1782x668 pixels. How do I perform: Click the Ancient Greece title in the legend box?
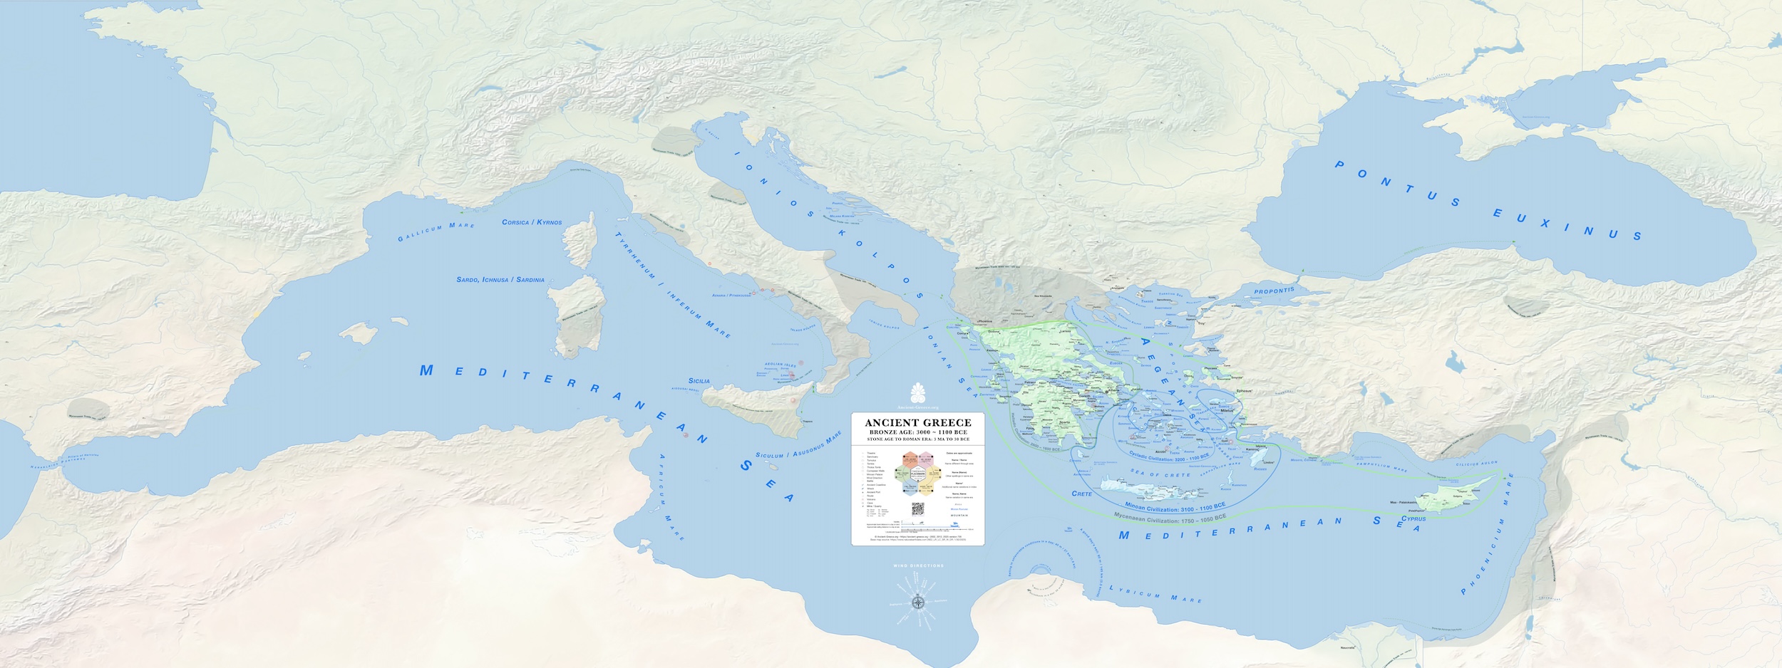917,423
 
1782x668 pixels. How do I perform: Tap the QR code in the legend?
917,509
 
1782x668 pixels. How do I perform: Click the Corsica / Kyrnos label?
532,222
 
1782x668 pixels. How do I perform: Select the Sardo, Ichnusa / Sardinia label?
500,280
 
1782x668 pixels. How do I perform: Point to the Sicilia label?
699,381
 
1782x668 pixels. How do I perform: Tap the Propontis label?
1274,291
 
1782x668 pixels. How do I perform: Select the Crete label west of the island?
1081,494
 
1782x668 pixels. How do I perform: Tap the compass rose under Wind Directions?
919,602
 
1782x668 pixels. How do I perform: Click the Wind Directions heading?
918,566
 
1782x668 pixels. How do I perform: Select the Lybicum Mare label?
1155,594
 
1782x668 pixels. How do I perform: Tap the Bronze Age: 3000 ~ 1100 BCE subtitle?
917,432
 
